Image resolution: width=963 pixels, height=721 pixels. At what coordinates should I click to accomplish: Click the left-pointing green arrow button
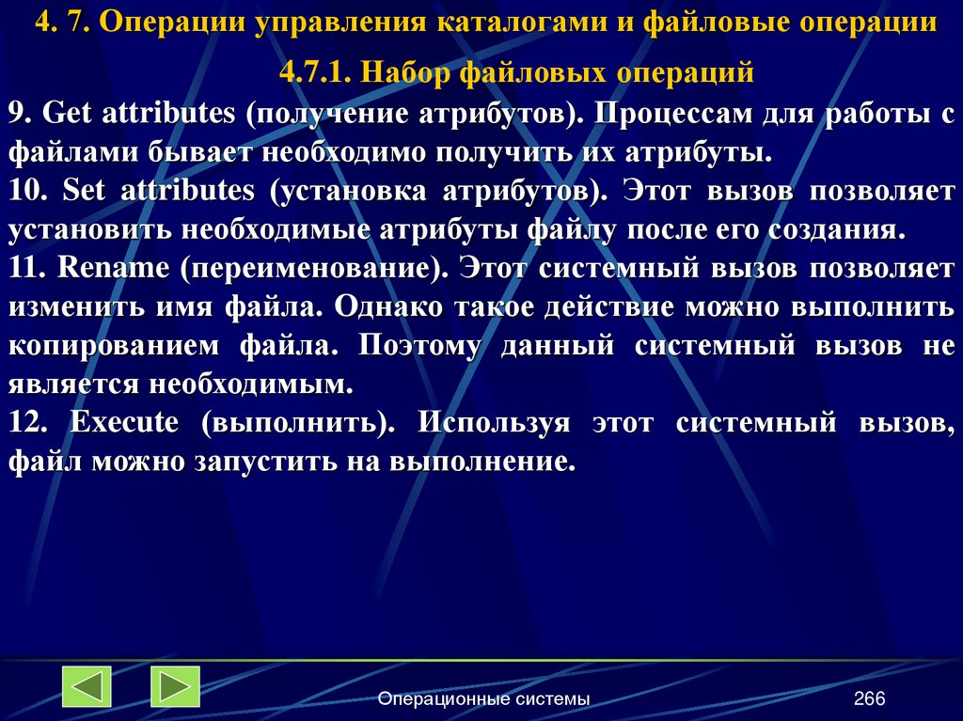point(87,686)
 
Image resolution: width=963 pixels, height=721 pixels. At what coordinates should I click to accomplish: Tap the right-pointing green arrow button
point(175,686)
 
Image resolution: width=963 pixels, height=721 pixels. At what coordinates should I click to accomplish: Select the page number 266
point(870,698)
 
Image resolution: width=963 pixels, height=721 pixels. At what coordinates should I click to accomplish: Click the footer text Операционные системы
point(483,698)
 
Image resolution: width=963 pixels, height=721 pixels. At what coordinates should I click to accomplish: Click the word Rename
point(113,268)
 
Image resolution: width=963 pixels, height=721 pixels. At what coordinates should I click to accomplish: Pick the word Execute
point(124,422)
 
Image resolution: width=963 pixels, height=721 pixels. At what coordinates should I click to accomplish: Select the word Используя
point(495,422)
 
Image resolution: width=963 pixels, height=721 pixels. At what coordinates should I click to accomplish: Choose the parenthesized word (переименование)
point(317,268)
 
